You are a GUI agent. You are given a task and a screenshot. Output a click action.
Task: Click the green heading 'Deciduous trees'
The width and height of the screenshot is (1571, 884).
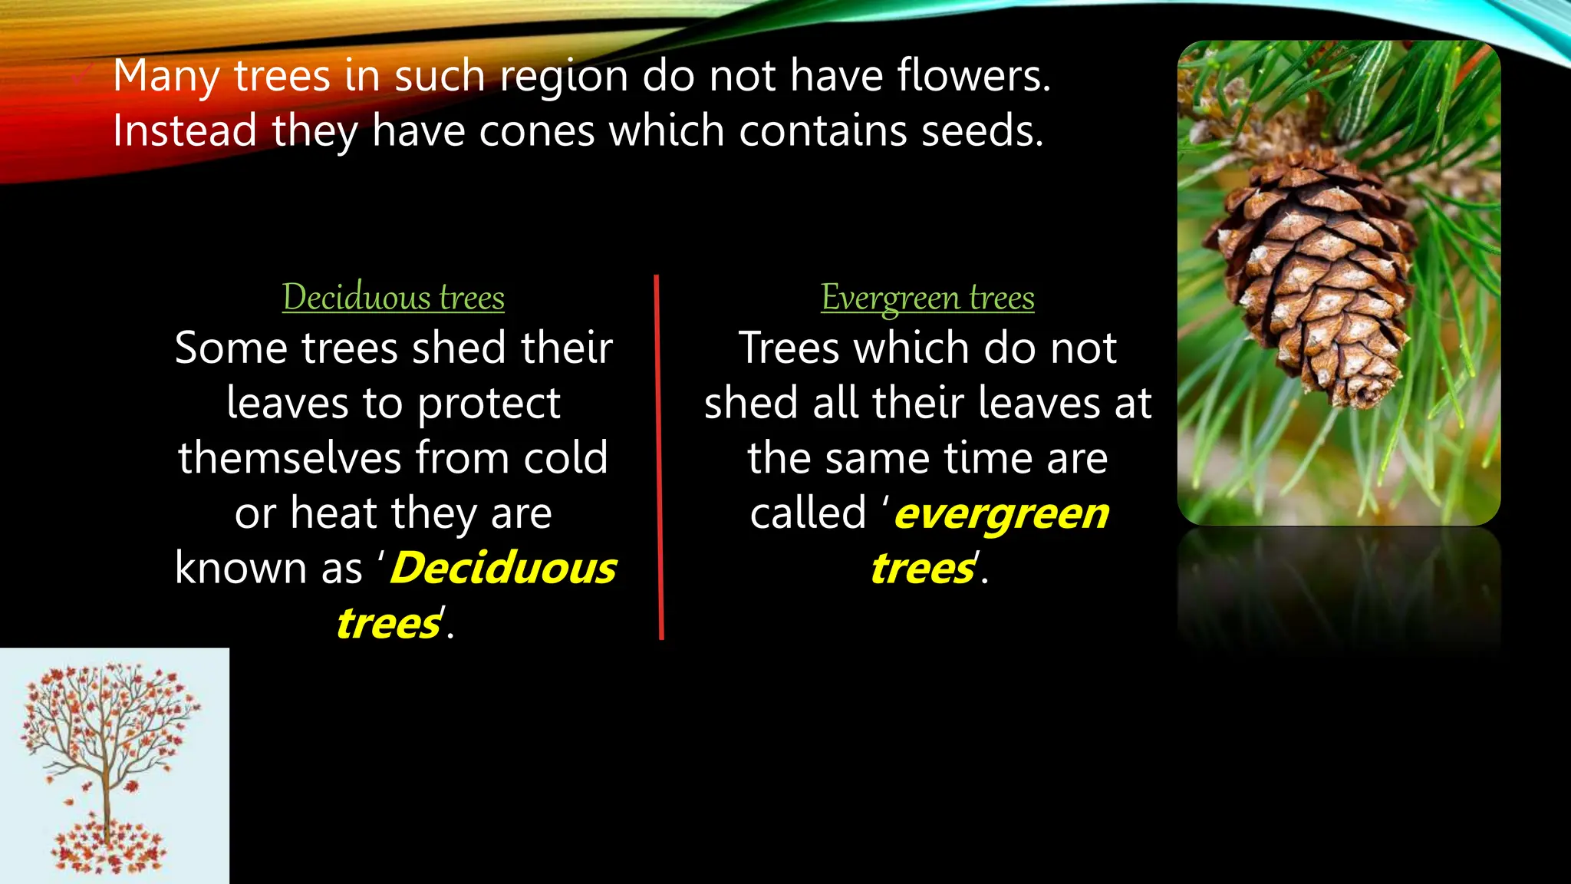(393, 298)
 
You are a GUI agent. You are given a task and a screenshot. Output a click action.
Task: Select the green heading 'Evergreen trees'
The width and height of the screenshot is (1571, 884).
(927, 298)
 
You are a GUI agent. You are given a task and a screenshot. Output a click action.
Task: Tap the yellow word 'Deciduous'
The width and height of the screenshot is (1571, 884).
(503, 569)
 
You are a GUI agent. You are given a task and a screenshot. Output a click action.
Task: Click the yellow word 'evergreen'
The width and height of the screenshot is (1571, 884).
(1001, 513)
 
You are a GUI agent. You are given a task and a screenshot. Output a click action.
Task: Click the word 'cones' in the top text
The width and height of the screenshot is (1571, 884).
(537, 131)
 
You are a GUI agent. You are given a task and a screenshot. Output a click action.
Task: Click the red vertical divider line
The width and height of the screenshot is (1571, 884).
(659, 457)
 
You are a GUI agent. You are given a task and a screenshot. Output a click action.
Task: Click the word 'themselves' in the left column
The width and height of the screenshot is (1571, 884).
(290, 458)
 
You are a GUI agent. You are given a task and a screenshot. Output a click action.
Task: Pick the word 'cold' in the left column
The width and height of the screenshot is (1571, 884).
(565, 458)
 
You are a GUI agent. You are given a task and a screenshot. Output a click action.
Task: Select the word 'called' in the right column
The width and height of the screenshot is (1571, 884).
(808, 513)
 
